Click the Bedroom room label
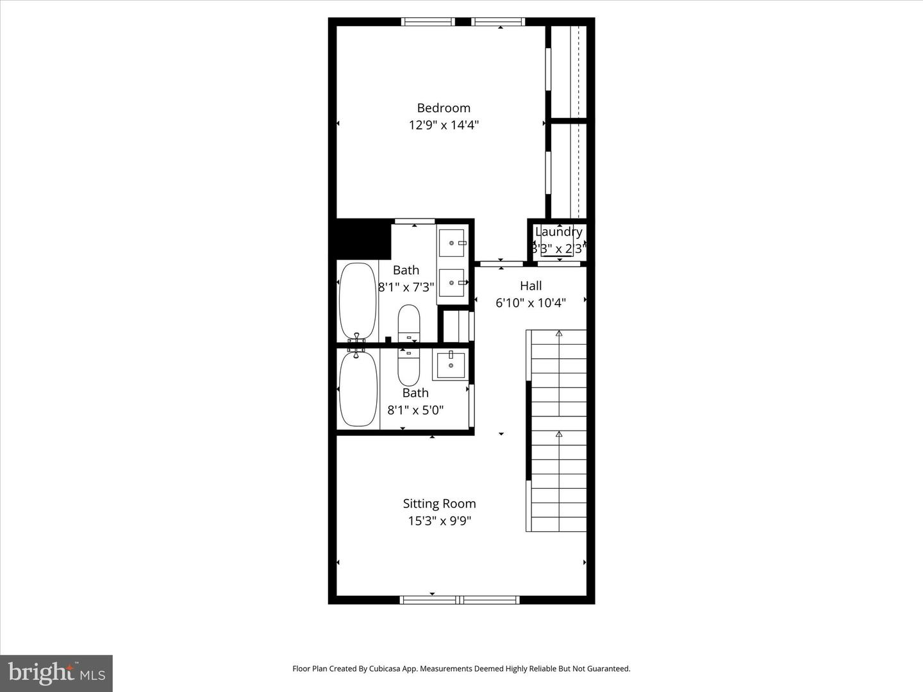pos(444,108)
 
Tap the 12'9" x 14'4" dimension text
pos(444,125)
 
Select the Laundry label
pos(559,232)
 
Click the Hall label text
pos(531,286)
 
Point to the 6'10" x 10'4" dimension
pos(531,302)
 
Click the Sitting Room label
pos(439,504)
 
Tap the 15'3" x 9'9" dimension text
pos(439,521)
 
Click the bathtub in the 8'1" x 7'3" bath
pos(357,300)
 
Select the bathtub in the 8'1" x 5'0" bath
pos(357,390)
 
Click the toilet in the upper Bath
pos(409,322)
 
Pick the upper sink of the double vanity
pos(452,243)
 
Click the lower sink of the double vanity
pos(452,283)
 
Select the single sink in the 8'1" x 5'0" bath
pos(451,365)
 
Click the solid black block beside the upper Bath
pos(363,238)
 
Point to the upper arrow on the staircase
pos(559,334)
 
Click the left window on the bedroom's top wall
pos(428,22)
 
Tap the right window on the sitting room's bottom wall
pos(490,600)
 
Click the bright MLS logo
pos(56,673)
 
